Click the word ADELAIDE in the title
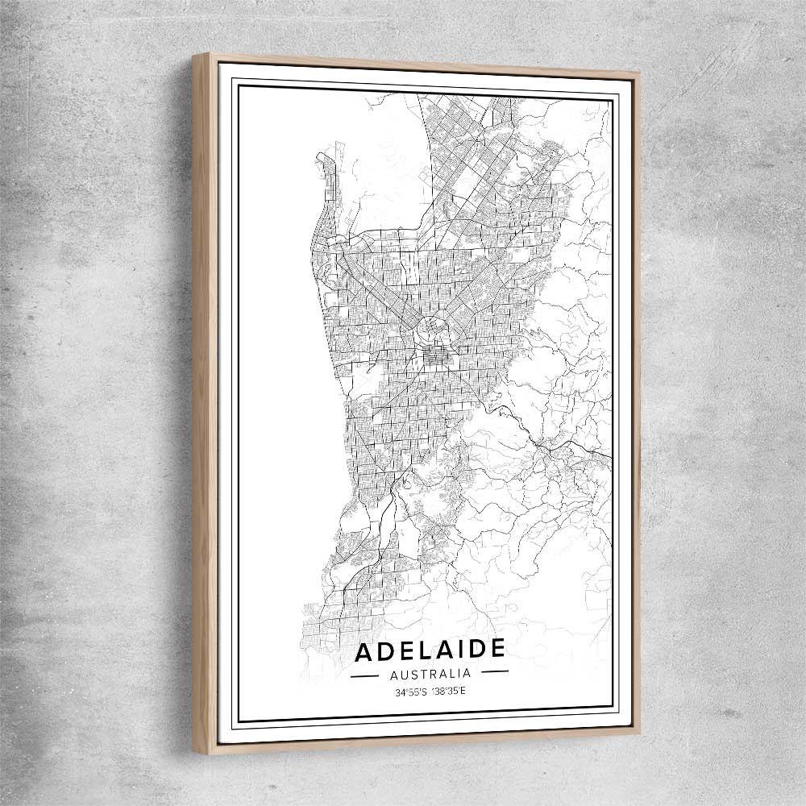coord(430,649)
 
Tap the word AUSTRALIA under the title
coord(430,673)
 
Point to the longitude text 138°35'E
coord(448,692)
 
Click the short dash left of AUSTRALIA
coord(365,675)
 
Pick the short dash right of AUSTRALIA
coord(494,671)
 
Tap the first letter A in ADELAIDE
coord(364,650)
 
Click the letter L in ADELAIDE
coord(413,650)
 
